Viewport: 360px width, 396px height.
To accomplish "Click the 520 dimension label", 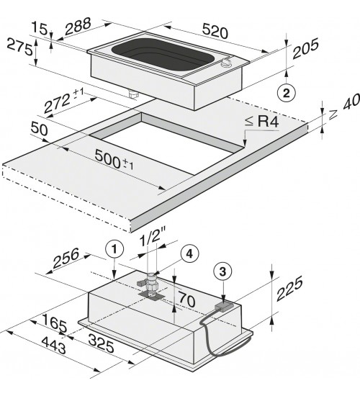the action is tap(215, 31).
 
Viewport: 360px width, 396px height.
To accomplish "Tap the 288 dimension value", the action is tap(78, 26).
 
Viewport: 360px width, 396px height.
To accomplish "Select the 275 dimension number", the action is tap(19, 47).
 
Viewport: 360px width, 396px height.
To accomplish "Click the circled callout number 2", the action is tap(287, 94).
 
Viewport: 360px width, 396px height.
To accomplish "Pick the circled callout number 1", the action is tap(114, 250).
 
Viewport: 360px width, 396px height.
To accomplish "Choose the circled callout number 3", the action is tap(222, 272).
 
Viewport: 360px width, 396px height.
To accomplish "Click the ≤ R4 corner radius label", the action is tap(262, 122).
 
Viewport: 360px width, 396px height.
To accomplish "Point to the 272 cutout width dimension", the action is tap(63, 100).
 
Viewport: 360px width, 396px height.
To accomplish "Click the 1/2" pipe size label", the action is tap(153, 238).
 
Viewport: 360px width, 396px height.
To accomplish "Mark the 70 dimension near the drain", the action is tap(187, 300).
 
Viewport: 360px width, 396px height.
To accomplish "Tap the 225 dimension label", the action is tap(289, 289).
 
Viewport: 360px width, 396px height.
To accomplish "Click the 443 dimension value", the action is tap(54, 345).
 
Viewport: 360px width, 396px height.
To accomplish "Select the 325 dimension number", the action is tap(101, 343).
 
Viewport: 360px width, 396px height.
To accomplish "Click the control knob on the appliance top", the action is tap(226, 62).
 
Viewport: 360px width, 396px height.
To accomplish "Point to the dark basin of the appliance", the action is tap(163, 53).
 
